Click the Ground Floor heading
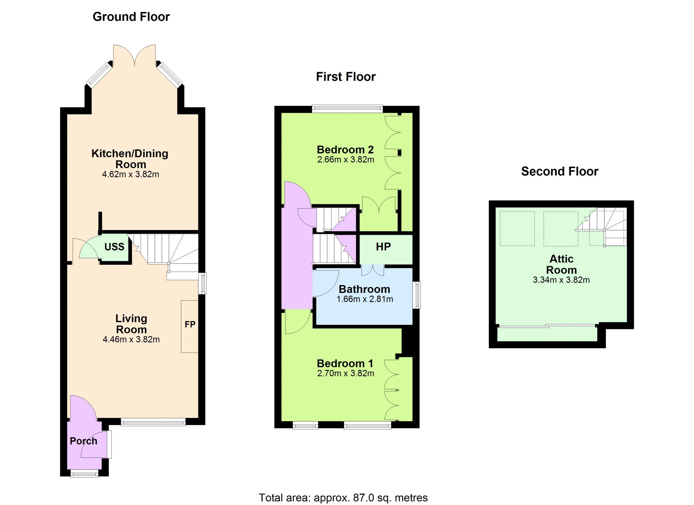[131, 17]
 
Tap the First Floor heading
[346, 77]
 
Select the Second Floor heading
[560, 171]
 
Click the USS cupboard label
[114, 247]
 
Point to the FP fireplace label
[190, 324]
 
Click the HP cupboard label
[383, 247]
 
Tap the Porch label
[83, 441]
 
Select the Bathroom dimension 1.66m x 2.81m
[365, 299]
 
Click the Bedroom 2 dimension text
[346, 159]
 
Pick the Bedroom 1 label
[345, 363]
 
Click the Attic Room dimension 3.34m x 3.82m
[561, 280]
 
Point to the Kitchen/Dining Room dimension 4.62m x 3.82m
[131, 174]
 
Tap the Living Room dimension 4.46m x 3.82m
[131, 339]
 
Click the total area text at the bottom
[343, 498]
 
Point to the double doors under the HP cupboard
[373, 270]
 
